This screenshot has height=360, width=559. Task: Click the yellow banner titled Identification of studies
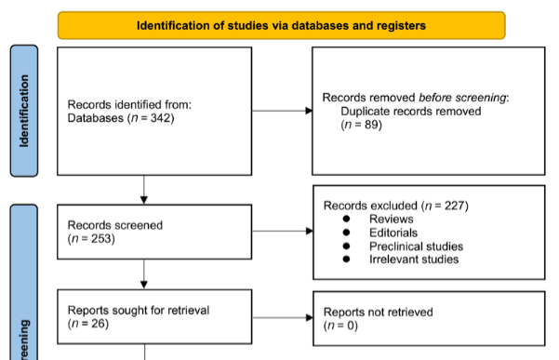point(281,25)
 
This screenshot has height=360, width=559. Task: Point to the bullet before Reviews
point(346,218)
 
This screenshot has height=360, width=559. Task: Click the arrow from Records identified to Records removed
point(282,111)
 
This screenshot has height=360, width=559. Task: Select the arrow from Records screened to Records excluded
point(282,232)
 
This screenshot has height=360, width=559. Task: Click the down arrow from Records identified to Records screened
point(144,190)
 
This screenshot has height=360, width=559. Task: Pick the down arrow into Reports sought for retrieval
point(144,273)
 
